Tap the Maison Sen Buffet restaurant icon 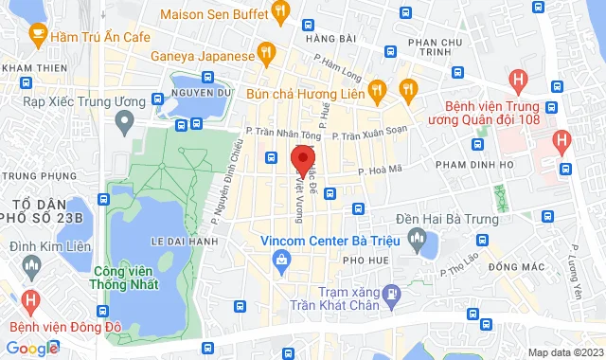click(279, 12)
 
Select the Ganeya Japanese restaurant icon click(268, 53)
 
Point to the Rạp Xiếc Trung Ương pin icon click(123, 120)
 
